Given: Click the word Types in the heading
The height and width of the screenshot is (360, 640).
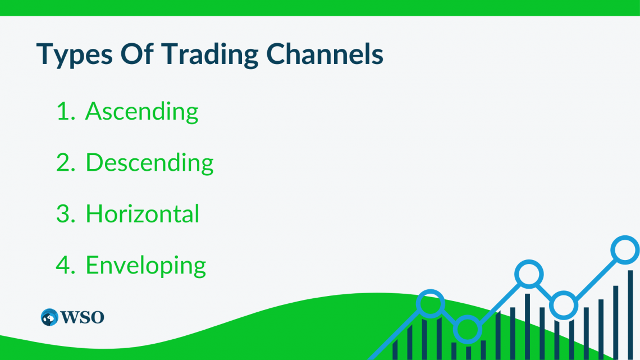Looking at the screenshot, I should point(71,54).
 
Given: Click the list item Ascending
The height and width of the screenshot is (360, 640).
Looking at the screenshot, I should point(141,111).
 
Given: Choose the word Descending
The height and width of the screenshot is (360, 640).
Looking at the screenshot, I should point(149,162).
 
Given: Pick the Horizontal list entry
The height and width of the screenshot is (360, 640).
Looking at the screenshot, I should point(143,214).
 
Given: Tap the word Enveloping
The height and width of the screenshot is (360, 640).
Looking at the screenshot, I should point(145,265).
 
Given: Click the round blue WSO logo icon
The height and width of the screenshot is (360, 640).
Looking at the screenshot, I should point(49,317).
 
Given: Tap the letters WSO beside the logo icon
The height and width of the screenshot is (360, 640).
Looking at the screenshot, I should point(82,317).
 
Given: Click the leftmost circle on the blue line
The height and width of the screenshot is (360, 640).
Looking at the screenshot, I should point(431,304).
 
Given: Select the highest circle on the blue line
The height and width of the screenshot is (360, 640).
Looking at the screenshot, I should point(625,250).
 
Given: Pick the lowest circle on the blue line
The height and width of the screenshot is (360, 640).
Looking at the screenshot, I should point(467,329).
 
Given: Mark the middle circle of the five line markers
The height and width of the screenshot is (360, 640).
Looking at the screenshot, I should point(529,274).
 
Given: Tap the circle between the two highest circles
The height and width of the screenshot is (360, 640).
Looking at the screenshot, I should point(564,306).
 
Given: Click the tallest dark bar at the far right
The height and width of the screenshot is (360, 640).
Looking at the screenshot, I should point(630,315).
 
